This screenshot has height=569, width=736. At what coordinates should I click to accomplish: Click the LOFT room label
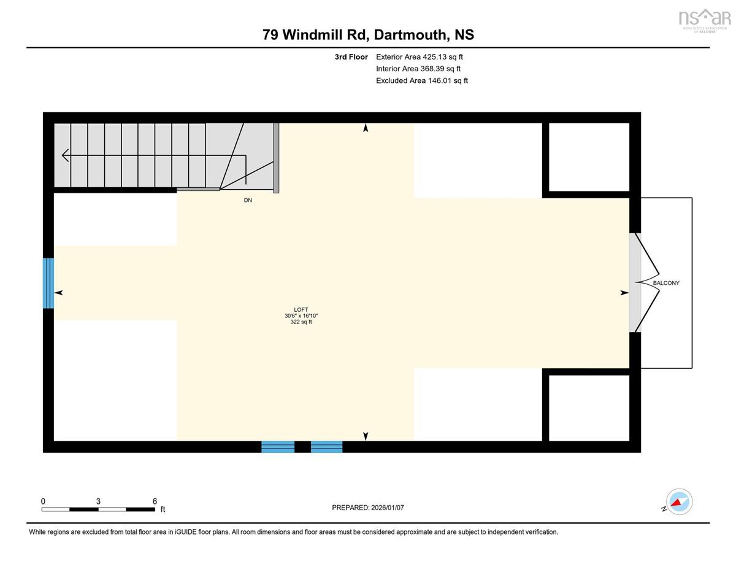pyautogui.click(x=301, y=309)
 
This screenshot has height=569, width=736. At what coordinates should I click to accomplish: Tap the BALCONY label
pyautogui.click(x=666, y=283)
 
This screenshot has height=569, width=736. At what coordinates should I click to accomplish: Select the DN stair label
pyautogui.click(x=248, y=200)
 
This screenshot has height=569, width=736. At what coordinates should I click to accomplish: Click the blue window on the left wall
pyautogui.click(x=48, y=284)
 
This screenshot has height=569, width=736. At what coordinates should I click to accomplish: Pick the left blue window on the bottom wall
pyautogui.click(x=278, y=447)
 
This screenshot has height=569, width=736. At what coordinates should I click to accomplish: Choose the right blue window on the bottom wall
pyautogui.click(x=326, y=447)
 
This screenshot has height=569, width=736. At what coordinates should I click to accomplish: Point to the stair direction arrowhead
pyautogui.click(x=66, y=155)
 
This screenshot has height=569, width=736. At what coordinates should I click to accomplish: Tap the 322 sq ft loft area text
pyautogui.click(x=301, y=322)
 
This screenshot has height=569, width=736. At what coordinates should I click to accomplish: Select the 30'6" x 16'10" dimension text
pyautogui.click(x=301, y=316)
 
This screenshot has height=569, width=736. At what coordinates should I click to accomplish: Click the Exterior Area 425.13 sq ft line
pyautogui.click(x=420, y=57)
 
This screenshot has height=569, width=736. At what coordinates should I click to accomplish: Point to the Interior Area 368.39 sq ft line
pyautogui.click(x=418, y=69)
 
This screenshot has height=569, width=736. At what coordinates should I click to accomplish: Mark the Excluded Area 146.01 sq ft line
pyautogui.click(x=422, y=80)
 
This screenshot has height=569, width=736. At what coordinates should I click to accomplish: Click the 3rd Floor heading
pyautogui.click(x=351, y=57)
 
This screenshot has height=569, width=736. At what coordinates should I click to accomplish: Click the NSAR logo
pyautogui.click(x=705, y=20)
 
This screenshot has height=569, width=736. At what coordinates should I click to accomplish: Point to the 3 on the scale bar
pyautogui.click(x=98, y=501)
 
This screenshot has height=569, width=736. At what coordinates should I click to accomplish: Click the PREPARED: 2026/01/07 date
pyautogui.click(x=368, y=508)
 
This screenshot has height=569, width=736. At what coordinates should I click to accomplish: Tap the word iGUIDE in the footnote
pyautogui.click(x=186, y=532)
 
